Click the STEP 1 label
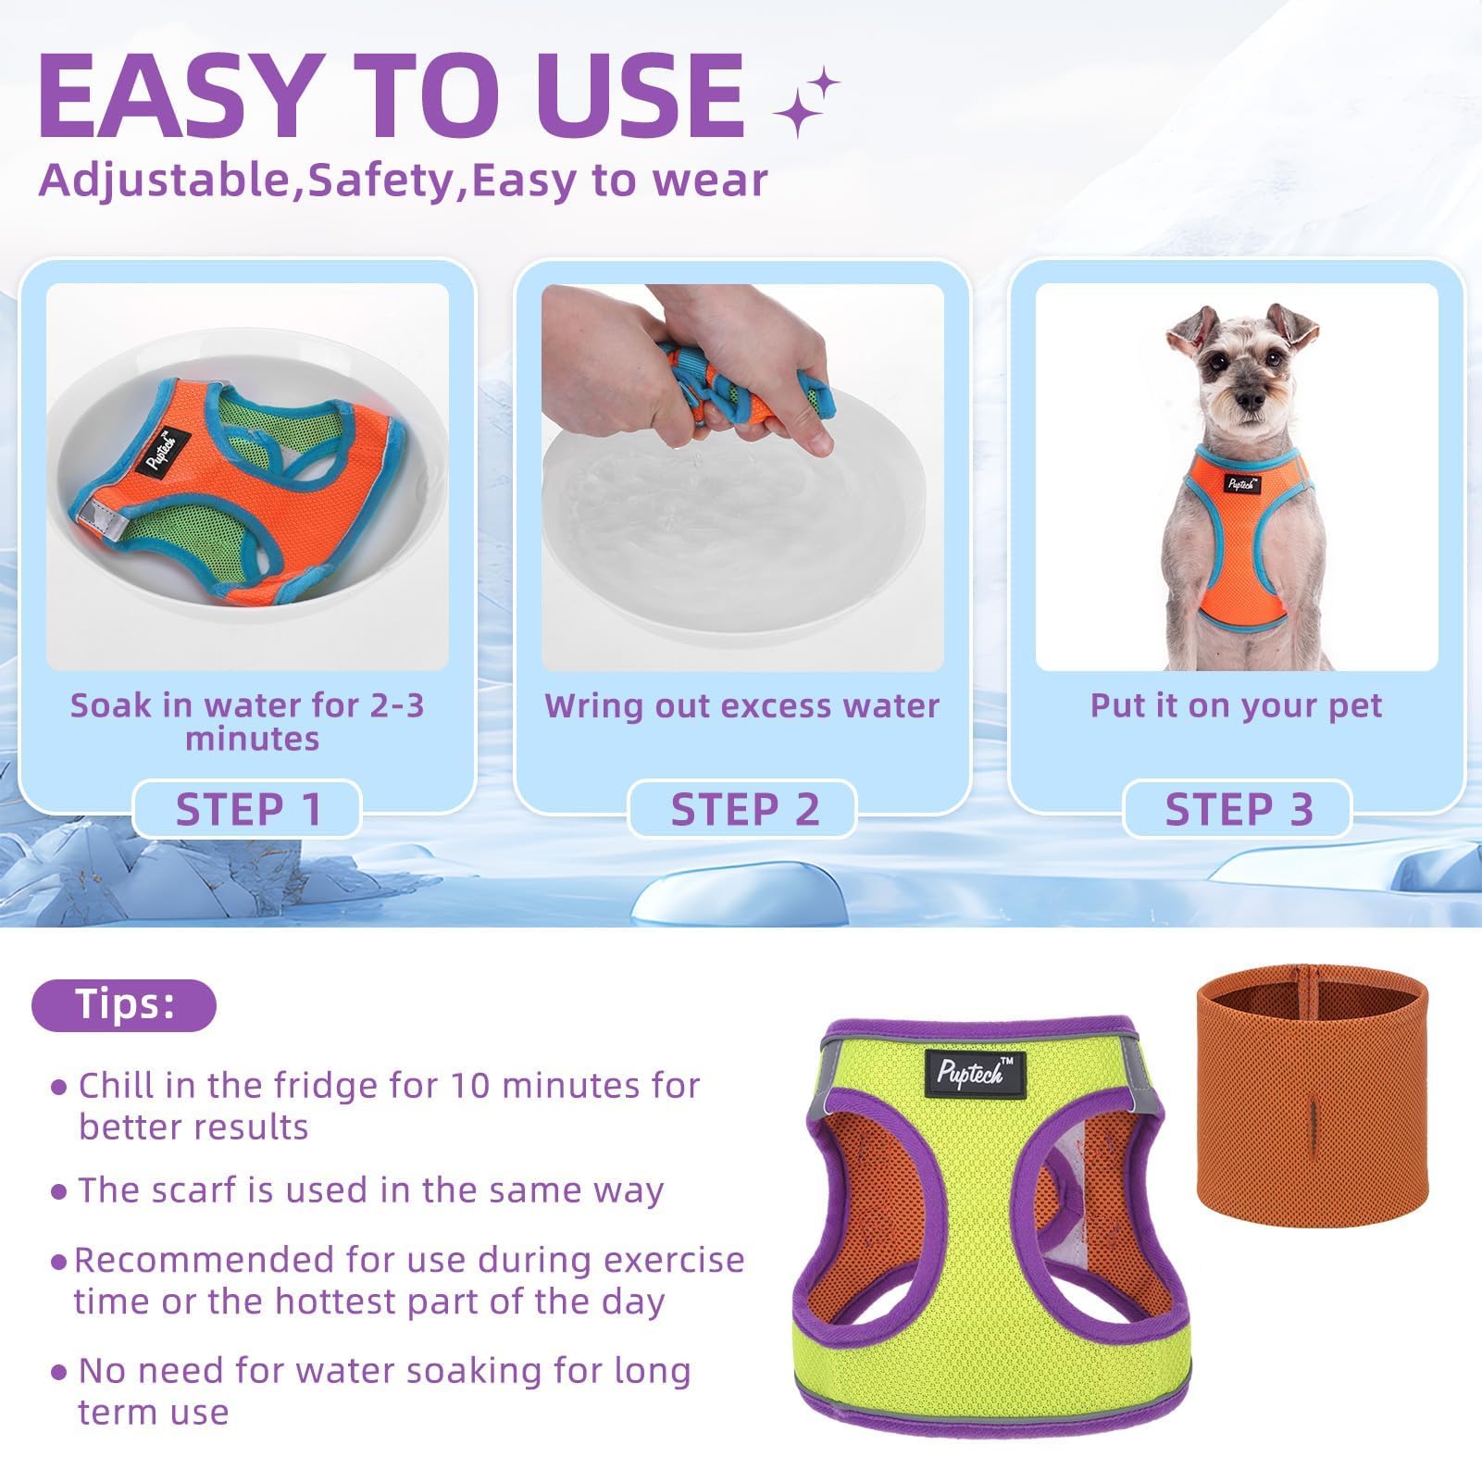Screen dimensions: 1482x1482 tap(247, 809)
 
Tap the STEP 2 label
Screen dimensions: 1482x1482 tap(743, 809)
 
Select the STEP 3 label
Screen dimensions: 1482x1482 tap(1239, 809)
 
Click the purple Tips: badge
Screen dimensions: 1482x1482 tap(124, 1004)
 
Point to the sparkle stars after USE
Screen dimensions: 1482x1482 tap(805, 103)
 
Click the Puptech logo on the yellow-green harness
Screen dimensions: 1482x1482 tap(969, 1071)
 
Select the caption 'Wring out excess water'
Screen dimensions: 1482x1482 tap(741, 706)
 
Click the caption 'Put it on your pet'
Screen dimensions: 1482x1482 tap(1236, 706)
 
